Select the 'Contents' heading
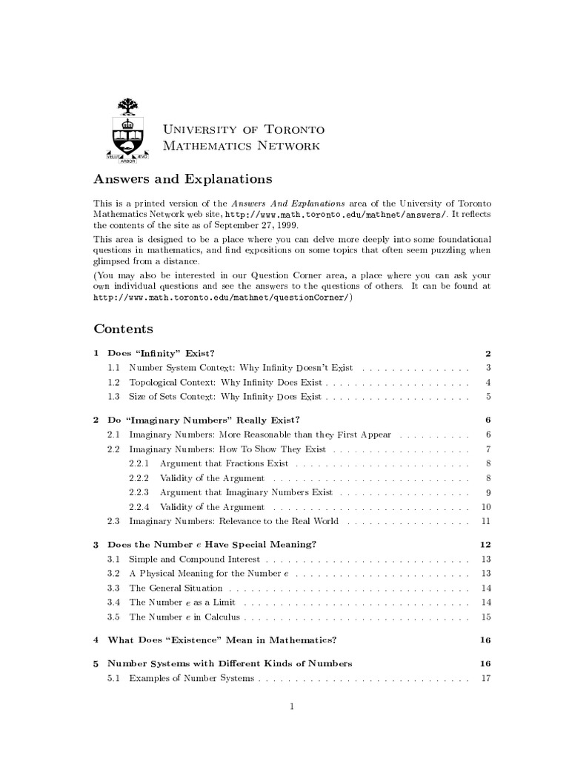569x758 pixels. pos(123,329)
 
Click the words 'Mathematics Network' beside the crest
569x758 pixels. pos(241,146)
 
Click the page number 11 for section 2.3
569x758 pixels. pos(486,521)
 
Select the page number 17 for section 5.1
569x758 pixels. pos(486,678)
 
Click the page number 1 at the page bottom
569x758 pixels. pos(293,706)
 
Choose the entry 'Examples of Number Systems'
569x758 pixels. pos(191,678)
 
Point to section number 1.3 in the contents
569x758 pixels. pos(113,397)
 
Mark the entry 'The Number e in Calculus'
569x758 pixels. pos(180,617)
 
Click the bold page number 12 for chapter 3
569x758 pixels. pos(486,544)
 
